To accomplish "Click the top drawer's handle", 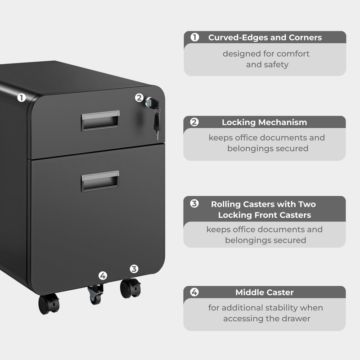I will click(100, 121).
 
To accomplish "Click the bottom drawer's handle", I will click(100, 180).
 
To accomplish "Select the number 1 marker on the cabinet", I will click(21, 97).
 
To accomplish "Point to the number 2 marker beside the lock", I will click(139, 97).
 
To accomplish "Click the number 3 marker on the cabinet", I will click(134, 269).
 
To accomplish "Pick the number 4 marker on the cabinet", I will click(103, 275).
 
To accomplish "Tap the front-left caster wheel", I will click(49, 304).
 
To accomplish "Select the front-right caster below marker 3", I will click(130, 288).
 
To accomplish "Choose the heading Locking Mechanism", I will click(264, 122).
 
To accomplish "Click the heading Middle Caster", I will click(264, 292).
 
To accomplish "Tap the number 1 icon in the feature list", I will click(195, 37).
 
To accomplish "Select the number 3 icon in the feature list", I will click(194, 203).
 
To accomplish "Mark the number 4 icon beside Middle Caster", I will click(194, 292).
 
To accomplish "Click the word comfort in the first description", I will click(292, 54).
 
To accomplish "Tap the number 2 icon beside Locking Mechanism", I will click(194, 122).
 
